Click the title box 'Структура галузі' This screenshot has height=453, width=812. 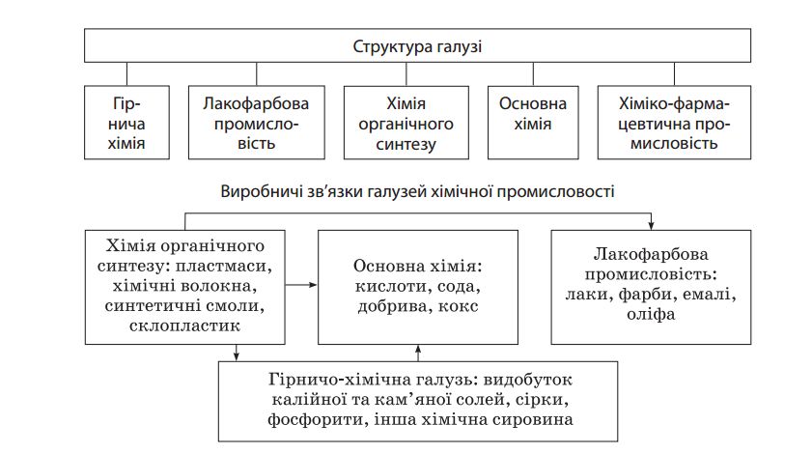coord(417,45)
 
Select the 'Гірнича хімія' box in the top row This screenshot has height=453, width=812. coord(126,123)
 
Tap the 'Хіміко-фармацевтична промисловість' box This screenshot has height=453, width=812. coord(674,123)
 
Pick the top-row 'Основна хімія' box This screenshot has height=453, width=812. coord(533,123)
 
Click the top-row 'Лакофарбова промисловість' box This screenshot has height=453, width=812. coord(256,123)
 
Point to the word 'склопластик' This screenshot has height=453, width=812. coord(184,326)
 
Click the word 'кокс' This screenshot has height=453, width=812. coord(458,306)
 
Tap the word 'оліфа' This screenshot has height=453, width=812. coord(651,314)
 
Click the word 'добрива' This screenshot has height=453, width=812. coord(393,306)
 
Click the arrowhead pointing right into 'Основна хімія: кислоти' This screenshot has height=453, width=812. coord(313,285)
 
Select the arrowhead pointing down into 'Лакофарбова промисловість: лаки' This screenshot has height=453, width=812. coord(651,226)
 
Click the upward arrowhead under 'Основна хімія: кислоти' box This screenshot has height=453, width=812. coord(418,349)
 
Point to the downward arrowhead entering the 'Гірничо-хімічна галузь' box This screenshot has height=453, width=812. coord(237,356)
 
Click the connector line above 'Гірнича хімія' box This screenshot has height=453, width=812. coord(126,74)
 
